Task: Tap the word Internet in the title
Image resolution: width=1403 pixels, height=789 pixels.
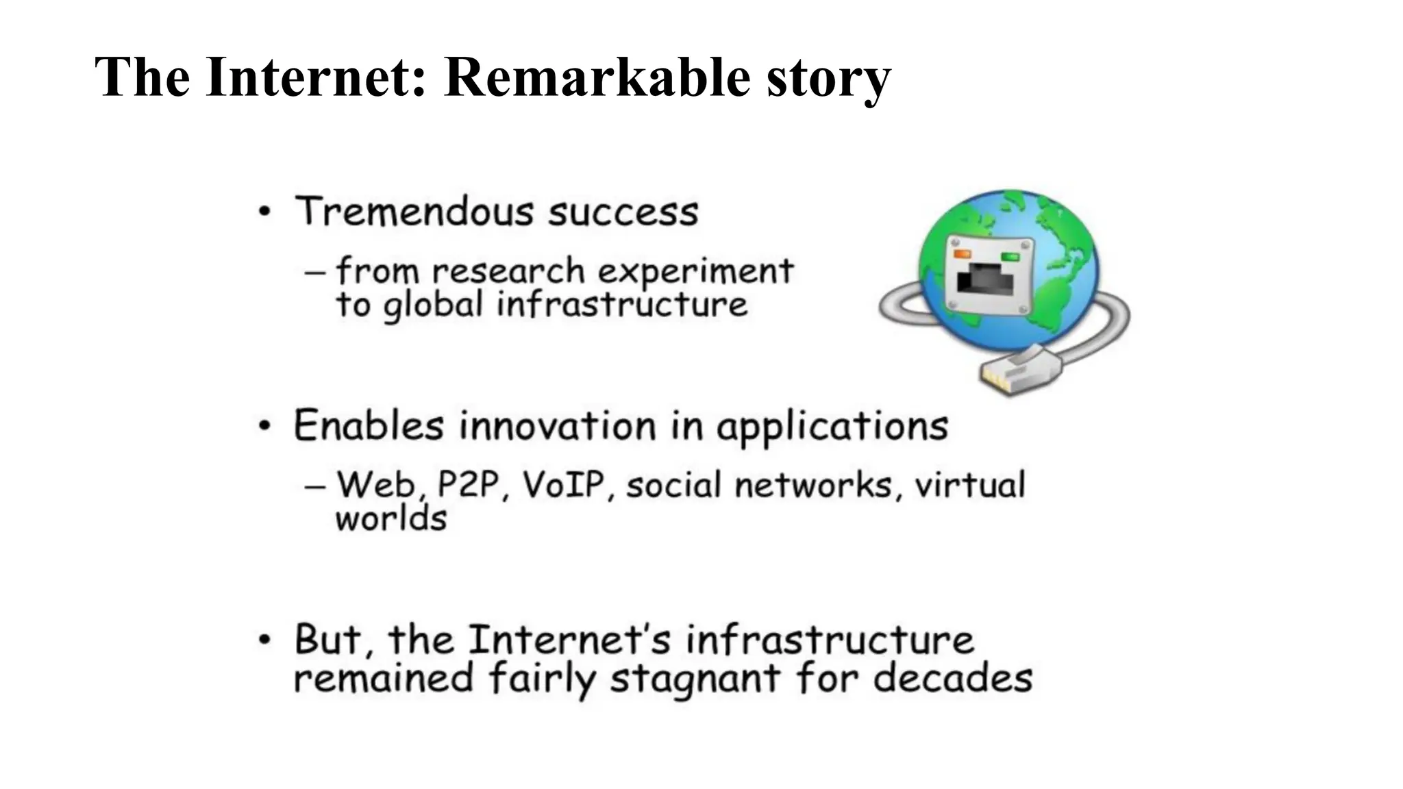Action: pyautogui.click(x=315, y=77)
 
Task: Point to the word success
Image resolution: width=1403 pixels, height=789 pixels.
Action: pyautogui.click(x=623, y=212)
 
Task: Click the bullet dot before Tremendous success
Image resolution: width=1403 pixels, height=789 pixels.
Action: pyautogui.click(x=265, y=212)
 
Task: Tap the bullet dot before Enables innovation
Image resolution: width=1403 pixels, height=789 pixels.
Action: pyautogui.click(x=265, y=426)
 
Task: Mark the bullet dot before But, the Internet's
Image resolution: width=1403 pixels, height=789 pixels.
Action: pyautogui.click(x=265, y=640)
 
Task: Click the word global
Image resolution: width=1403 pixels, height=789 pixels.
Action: pyautogui.click(x=433, y=305)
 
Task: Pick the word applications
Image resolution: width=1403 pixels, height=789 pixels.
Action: pyautogui.click(x=832, y=427)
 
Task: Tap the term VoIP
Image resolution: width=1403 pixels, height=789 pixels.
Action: pyautogui.click(x=564, y=485)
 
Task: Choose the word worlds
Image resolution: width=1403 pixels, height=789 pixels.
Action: pyautogui.click(x=390, y=519)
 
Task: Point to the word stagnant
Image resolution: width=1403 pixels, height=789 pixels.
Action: pyautogui.click(x=695, y=679)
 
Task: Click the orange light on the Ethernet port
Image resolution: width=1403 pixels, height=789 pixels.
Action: pyautogui.click(x=963, y=254)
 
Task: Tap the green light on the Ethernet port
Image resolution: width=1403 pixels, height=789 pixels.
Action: pyautogui.click(x=1010, y=257)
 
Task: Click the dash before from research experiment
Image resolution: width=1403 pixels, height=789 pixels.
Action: pyautogui.click(x=314, y=273)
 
